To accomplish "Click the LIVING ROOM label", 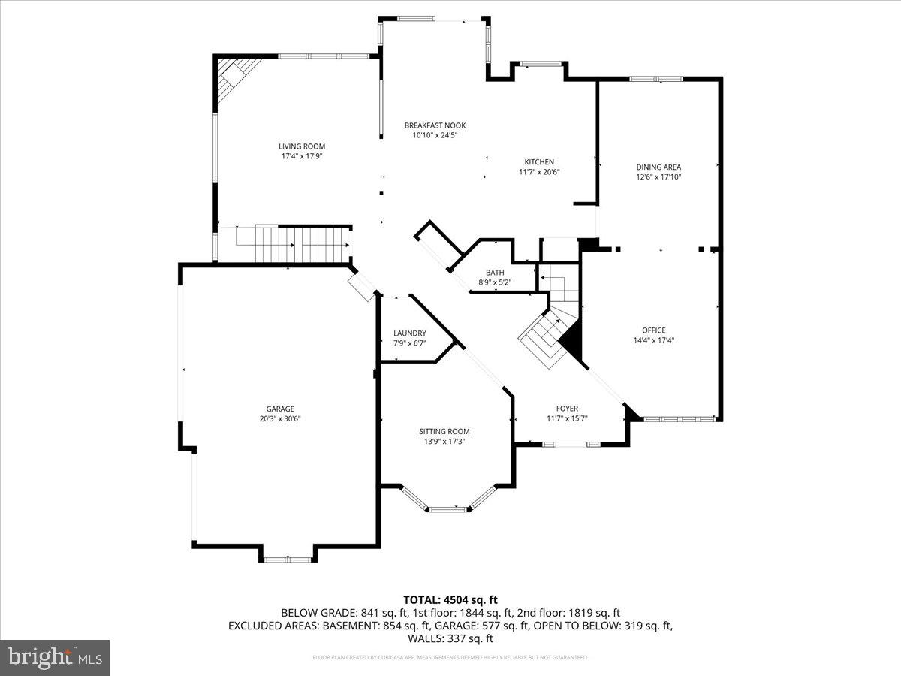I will (x=302, y=146).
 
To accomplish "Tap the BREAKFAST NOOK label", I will (x=435, y=125).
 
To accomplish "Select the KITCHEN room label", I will (x=539, y=161).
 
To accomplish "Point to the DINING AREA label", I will (x=658, y=167).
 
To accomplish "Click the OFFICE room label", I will (x=653, y=330).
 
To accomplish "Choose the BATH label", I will (x=495, y=273).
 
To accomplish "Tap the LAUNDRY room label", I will (x=410, y=333).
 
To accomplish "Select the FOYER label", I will (x=567, y=409).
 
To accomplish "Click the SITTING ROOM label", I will (x=444, y=431).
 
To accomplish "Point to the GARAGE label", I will (x=280, y=409).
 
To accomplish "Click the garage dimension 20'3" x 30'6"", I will (x=280, y=419).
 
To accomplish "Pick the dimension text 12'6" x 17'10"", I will (x=658, y=177).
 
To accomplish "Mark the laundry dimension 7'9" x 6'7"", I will (x=410, y=343).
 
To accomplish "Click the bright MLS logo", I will (x=55, y=658).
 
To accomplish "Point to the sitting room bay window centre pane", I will (x=448, y=509).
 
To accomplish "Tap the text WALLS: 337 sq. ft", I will (x=450, y=638).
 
